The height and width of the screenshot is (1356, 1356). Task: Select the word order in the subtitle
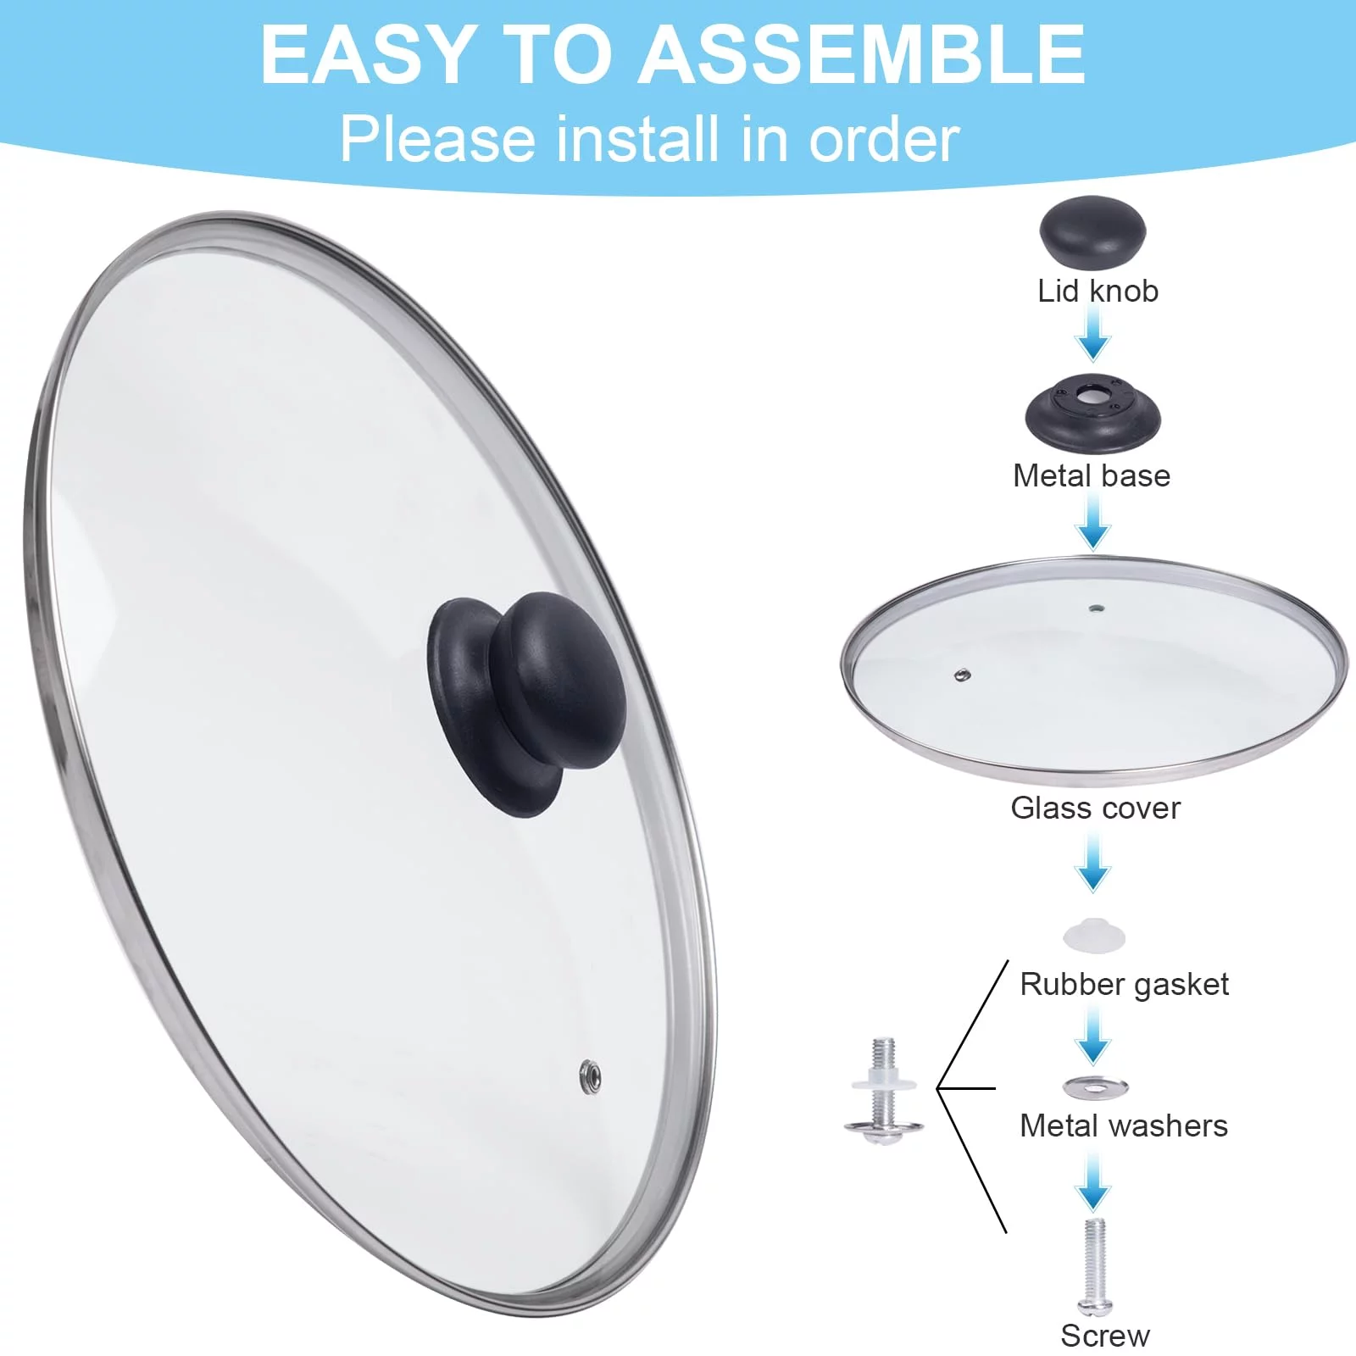(x=884, y=139)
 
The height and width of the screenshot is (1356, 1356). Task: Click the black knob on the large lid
(x=528, y=703)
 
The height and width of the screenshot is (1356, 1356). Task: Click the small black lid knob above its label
(x=1093, y=231)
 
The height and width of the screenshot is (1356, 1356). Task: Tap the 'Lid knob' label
(x=1098, y=291)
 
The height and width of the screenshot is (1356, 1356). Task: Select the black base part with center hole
(x=1093, y=413)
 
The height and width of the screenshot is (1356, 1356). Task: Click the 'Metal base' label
(x=1092, y=475)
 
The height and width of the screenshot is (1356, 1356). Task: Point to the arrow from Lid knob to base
(x=1093, y=334)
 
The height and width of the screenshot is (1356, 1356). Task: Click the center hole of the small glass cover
(x=1096, y=609)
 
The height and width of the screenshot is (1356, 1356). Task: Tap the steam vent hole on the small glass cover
(x=962, y=675)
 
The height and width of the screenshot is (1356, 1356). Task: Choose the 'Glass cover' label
(x=1095, y=808)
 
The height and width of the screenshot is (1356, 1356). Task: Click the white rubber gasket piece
(x=1094, y=935)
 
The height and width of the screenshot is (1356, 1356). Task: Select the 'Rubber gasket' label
(x=1124, y=984)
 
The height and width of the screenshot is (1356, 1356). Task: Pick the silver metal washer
(x=1095, y=1086)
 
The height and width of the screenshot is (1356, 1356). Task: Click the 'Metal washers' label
(x=1124, y=1125)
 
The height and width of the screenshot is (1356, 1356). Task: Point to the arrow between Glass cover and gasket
(x=1093, y=862)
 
